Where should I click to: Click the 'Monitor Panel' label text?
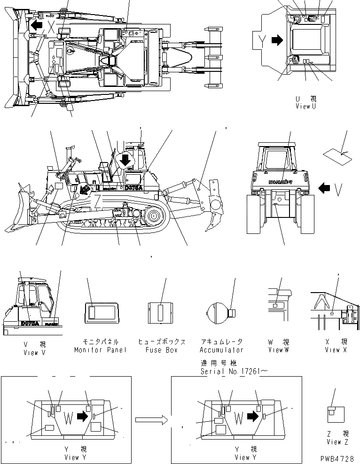click(x=100, y=350)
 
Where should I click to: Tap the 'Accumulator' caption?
click(x=222, y=350)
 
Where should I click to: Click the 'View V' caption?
click(x=34, y=353)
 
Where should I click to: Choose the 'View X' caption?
click(x=336, y=350)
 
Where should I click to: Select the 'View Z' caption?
click(x=337, y=441)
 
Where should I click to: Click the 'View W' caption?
click(x=279, y=350)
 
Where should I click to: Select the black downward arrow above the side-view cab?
click(x=125, y=160)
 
